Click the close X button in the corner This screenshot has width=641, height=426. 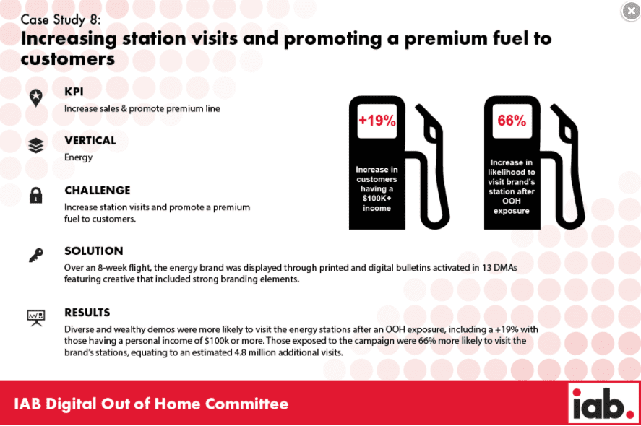[631, 11]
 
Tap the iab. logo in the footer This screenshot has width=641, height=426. [603, 403]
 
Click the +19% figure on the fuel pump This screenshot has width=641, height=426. [377, 121]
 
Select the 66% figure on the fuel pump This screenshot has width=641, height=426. [512, 121]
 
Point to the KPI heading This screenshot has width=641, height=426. [74, 92]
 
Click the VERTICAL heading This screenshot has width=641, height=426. [90, 141]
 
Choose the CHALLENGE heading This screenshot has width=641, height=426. [98, 191]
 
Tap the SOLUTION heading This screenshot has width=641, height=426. [94, 251]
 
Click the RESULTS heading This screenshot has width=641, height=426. [87, 313]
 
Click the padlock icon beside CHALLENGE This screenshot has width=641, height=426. [36, 195]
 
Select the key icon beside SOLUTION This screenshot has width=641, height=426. [36, 256]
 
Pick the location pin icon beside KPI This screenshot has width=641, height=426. [36, 98]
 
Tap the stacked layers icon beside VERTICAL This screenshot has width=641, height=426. [36, 145]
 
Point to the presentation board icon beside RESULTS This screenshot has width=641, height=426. [36, 318]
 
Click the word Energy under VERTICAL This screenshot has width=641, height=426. [79, 157]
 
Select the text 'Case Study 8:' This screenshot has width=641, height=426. [61, 19]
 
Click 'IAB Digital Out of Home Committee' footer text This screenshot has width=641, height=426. [151, 404]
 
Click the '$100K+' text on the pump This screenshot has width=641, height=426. [377, 199]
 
